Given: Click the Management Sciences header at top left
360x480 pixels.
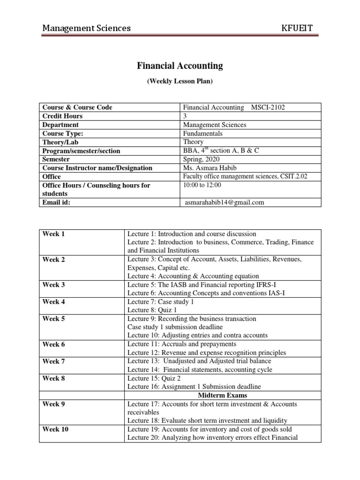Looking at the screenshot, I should pos(86,29).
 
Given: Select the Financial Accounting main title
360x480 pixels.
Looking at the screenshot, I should pos(180,66).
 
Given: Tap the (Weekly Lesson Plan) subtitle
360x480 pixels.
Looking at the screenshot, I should pos(180,81).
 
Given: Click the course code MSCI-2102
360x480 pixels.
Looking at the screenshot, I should pos(268,107).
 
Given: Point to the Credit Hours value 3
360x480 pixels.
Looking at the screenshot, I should pos(184,116).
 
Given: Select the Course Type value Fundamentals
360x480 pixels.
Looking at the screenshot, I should pos(202,133).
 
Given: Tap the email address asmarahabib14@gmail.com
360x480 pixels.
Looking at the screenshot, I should pos(225,202).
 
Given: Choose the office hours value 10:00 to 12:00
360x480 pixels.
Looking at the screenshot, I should pos(202,185).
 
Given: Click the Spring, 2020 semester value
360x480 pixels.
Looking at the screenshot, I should pos(201,159).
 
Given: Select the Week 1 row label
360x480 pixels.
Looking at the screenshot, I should pos(53,234).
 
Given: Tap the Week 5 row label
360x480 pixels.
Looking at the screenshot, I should pos(53,319).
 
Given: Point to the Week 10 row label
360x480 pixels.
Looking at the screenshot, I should pos(55,429).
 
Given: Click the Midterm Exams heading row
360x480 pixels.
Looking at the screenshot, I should pos(223,396).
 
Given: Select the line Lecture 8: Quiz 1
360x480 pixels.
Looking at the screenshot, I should pos(154,310).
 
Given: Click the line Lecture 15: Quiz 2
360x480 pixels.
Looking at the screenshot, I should pos(156,378).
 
